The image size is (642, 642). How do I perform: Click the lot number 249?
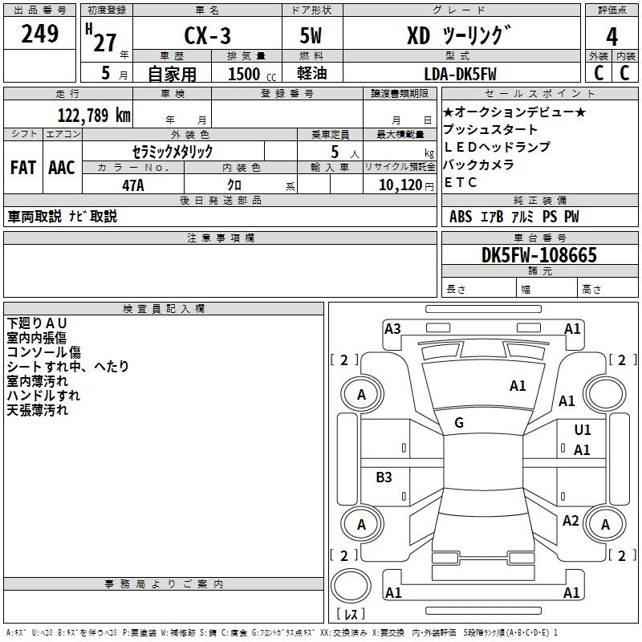point(39,34)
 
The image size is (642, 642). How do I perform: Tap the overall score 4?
point(612,36)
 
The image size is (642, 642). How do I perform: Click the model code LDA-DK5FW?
point(460,74)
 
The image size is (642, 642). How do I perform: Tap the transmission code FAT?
point(22,168)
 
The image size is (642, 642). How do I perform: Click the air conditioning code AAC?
point(61,168)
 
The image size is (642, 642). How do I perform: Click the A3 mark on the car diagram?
point(392,328)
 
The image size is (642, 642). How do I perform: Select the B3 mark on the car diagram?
point(384,477)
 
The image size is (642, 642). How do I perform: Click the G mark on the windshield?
point(459,423)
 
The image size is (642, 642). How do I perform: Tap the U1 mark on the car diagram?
point(582,430)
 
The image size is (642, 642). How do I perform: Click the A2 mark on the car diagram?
point(571,521)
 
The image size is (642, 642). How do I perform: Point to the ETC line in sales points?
point(460,182)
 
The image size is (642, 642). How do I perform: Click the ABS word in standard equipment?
point(461,217)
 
